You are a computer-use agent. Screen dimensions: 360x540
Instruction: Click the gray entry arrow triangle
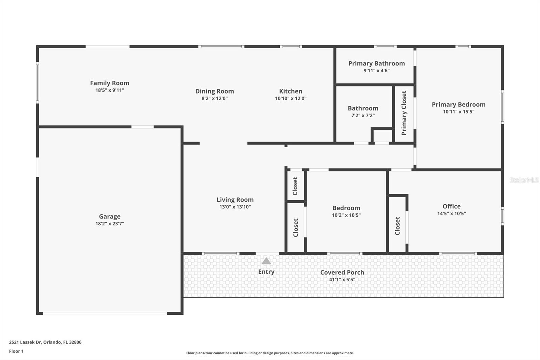266,261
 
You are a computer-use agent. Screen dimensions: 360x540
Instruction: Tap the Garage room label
110,216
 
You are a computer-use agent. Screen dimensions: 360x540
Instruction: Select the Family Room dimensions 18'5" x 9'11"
110,90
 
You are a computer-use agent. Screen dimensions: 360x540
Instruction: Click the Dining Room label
214,91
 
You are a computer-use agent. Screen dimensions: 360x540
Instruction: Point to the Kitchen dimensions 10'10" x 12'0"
291,98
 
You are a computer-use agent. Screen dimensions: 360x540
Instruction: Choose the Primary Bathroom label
376,63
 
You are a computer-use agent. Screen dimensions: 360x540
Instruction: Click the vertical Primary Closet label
404,113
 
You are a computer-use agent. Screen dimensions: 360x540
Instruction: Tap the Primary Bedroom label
458,105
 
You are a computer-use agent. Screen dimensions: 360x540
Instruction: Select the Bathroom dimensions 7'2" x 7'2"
363,115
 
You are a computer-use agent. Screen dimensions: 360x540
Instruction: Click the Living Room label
235,200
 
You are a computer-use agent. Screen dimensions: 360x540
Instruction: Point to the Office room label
451,206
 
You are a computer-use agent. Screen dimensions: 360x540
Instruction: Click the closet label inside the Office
398,226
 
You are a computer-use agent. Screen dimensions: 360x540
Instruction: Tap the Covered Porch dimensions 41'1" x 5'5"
342,280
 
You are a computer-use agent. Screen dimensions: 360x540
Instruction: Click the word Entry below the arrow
266,272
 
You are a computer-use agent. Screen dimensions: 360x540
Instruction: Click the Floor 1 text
16,351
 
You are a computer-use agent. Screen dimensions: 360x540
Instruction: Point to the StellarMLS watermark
524,180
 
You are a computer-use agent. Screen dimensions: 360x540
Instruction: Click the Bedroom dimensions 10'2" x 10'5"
346,215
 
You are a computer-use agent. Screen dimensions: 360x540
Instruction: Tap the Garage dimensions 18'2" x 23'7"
110,224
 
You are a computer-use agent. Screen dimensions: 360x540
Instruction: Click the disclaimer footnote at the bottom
270,353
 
